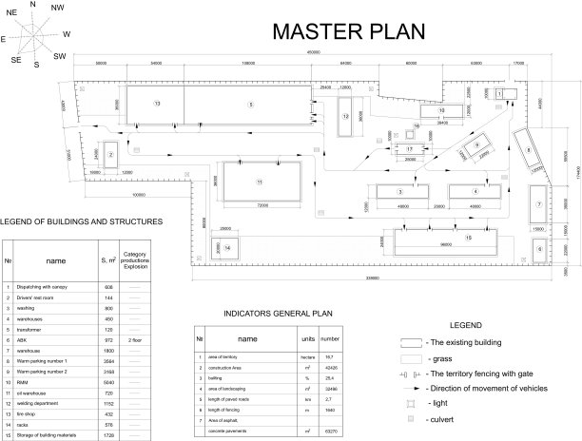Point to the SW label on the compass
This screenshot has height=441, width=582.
click(60, 57)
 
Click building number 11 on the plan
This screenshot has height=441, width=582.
click(259, 181)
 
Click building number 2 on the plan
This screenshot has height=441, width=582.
click(111, 155)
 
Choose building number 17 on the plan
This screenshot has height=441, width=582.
click(409, 150)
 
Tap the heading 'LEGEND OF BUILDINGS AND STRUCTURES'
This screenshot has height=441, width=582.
click(81, 221)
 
